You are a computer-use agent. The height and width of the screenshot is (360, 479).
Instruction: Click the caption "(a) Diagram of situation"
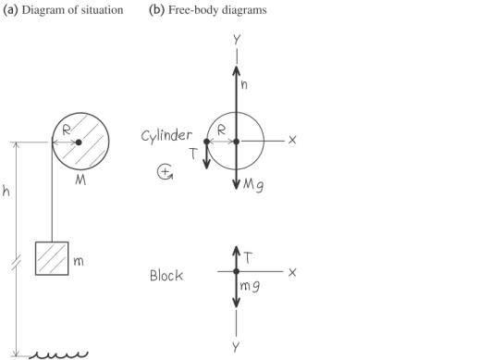(x=65, y=9)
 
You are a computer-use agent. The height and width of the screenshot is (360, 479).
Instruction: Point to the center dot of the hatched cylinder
(x=79, y=142)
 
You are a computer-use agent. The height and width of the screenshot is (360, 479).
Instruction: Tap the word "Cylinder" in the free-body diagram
(x=166, y=135)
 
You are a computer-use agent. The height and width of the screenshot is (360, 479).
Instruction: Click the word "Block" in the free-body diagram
(x=166, y=275)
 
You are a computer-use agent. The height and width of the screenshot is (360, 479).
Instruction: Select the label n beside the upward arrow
(x=245, y=82)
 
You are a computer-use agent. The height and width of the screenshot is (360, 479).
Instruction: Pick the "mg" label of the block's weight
(x=251, y=287)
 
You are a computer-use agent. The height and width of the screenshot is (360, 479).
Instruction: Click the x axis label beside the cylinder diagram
(x=291, y=140)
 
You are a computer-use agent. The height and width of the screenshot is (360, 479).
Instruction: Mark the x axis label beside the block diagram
(x=291, y=272)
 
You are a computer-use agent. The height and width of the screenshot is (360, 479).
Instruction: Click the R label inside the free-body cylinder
(x=221, y=130)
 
